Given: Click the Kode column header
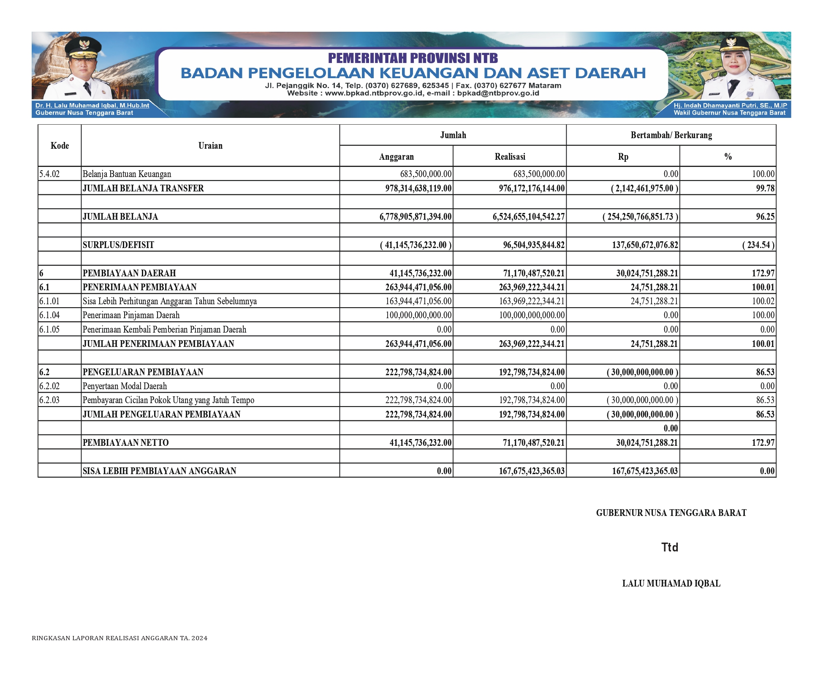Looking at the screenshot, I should pyautogui.click(x=60, y=146).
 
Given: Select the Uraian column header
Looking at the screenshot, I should pyautogui.click(x=210, y=146).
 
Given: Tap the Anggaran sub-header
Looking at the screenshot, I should pyautogui.click(x=396, y=157).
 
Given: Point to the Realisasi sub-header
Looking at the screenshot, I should pyautogui.click(x=510, y=157).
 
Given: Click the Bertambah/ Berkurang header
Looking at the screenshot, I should pyautogui.click(x=671, y=135).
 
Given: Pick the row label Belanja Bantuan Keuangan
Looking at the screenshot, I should pyautogui.click(x=127, y=174).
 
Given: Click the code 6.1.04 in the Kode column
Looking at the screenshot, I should pyautogui.click(x=49, y=315).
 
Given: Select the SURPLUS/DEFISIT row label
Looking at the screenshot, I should pyautogui.click(x=118, y=245).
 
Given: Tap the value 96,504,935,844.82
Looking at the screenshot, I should pyautogui.click(x=533, y=245).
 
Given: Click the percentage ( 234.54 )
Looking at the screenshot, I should pyautogui.click(x=758, y=245).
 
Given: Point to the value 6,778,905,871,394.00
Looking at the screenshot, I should pyautogui.click(x=416, y=217).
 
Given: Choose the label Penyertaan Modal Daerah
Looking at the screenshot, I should pyautogui.click(x=125, y=386).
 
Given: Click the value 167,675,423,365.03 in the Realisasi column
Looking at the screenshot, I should pyautogui.click(x=531, y=471).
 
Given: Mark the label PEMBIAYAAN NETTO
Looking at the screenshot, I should pyautogui.click(x=125, y=443).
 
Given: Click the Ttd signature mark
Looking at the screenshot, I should pyautogui.click(x=670, y=548).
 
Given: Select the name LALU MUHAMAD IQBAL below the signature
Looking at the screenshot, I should pyautogui.click(x=671, y=584).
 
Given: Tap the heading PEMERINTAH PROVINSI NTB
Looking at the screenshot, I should pyautogui.click(x=413, y=58).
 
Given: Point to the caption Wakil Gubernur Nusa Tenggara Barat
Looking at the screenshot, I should pyautogui.click(x=729, y=113).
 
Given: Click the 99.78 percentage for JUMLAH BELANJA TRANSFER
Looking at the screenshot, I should pyautogui.click(x=765, y=188).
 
